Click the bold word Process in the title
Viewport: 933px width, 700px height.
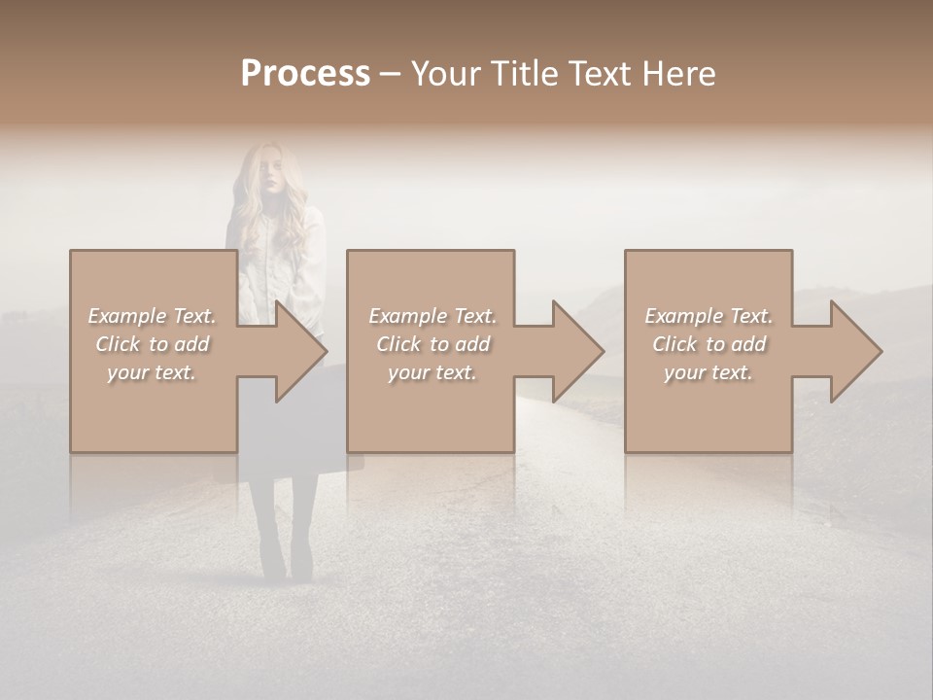coord(305,74)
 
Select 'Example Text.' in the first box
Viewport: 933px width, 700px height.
coord(152,316)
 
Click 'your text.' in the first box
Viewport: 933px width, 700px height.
coord(152,372)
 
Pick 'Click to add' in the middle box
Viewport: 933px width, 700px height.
coord(432,344)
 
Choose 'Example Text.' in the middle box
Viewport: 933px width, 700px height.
coord(432,316)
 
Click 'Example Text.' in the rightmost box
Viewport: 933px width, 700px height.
coord(708,316)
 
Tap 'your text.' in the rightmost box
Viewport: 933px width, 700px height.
coord(708,372)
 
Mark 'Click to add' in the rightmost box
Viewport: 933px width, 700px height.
coord(708,344)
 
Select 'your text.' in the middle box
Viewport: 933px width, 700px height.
coord(432,372)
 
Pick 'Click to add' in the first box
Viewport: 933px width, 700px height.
coord(152,344)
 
